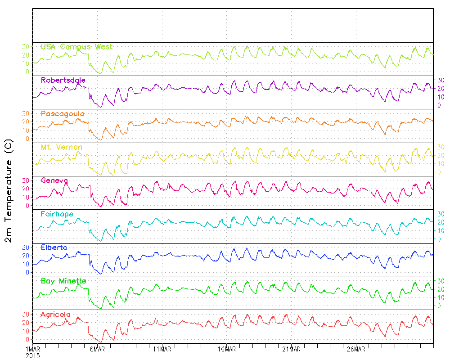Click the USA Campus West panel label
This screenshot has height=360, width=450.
(76, 47)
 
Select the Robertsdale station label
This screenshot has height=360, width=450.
(63, 80)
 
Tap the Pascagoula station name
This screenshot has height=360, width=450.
(62, 114)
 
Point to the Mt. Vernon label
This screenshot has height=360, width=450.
(61, 147)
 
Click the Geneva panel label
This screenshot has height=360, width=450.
(54, 180)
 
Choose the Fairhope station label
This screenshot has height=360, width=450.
(57, 214)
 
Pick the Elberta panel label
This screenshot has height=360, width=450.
(54, 247)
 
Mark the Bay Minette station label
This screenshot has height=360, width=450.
(63, 281)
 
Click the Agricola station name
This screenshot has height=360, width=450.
(55, 314)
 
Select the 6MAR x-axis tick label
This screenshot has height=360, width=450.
(97, 349)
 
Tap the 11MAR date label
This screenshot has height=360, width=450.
(162, 349)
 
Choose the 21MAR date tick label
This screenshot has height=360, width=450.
(291, 349)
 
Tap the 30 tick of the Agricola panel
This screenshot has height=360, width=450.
(26, 314)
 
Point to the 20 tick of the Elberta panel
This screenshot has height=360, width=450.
(26, 256)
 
